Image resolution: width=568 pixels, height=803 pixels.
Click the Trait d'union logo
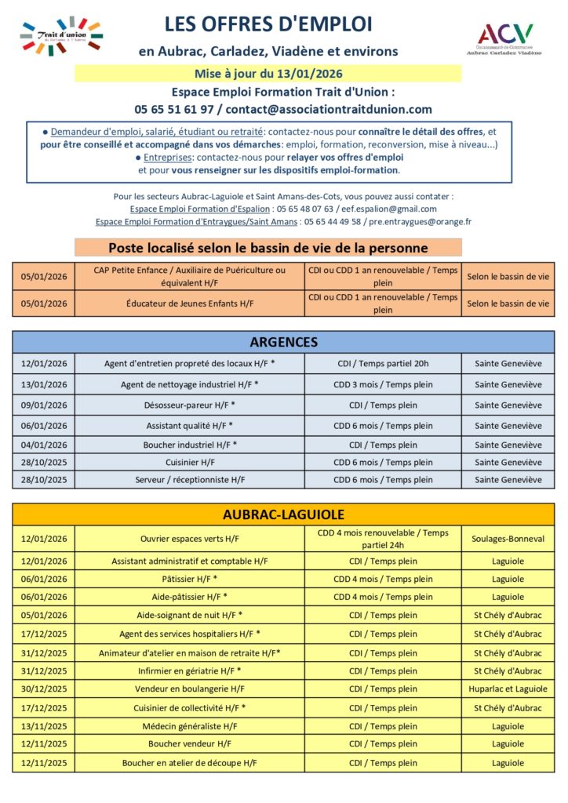(62, 36)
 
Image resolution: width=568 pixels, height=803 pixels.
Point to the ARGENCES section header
(283, 342)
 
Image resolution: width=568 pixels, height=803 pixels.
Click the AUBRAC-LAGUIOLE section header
(283, 514)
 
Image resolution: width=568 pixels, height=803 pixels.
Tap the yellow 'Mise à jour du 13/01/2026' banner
(268, 74)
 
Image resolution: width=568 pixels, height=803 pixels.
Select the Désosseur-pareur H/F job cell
(190, 405)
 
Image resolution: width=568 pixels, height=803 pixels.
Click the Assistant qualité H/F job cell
(190, 426)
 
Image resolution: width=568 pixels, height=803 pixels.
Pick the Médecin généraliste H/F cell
(190, 726)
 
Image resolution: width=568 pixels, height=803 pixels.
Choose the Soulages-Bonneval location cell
(508, 539)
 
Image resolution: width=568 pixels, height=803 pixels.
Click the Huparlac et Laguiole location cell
(508, 689)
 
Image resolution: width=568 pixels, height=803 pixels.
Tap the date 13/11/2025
(44, 726)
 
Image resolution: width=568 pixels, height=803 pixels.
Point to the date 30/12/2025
(44, 689)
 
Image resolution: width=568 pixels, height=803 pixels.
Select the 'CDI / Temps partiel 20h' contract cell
(383, 363)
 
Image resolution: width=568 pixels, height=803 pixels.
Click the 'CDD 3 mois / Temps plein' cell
(383, 384)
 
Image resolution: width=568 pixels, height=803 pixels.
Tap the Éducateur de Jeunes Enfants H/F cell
(190, 303)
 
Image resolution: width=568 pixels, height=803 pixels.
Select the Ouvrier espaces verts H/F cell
(190, 539)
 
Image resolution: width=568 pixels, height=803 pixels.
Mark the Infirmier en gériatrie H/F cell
(190, 670)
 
